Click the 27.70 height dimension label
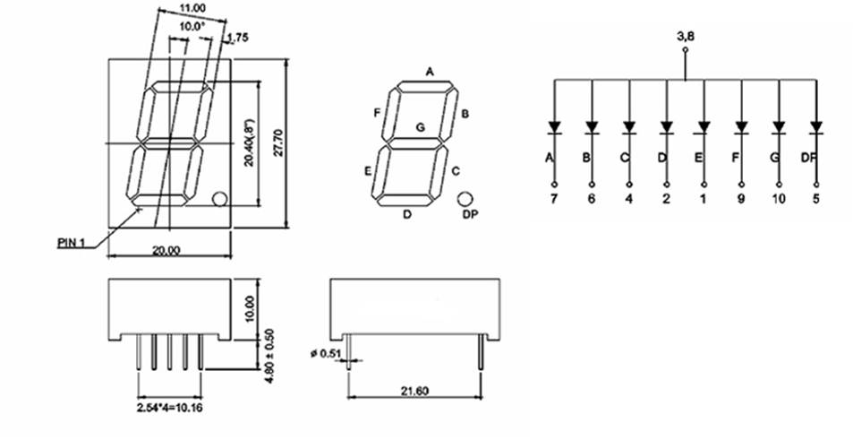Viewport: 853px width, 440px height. (x=278, y=142)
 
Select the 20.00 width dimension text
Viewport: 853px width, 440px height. (x=165, y=251)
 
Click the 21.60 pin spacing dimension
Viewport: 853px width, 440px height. (x=414, y=391)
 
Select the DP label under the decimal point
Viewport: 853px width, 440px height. (x=470, y=215)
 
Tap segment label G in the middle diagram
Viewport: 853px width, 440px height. (x=420, y=127)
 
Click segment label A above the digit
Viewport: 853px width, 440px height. (x=430, y=72)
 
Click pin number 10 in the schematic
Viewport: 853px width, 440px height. (x=778, y=198)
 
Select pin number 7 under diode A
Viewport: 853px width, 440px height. (x=553, y=198)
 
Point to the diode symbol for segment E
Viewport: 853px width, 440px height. (x=704, y=126)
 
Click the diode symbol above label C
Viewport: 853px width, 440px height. (x=628, y=126)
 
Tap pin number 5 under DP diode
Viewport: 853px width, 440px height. (x=815, y=198)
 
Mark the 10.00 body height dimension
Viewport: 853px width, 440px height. (x=250, y=309)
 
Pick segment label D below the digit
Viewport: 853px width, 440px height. (x=407, y=214)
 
